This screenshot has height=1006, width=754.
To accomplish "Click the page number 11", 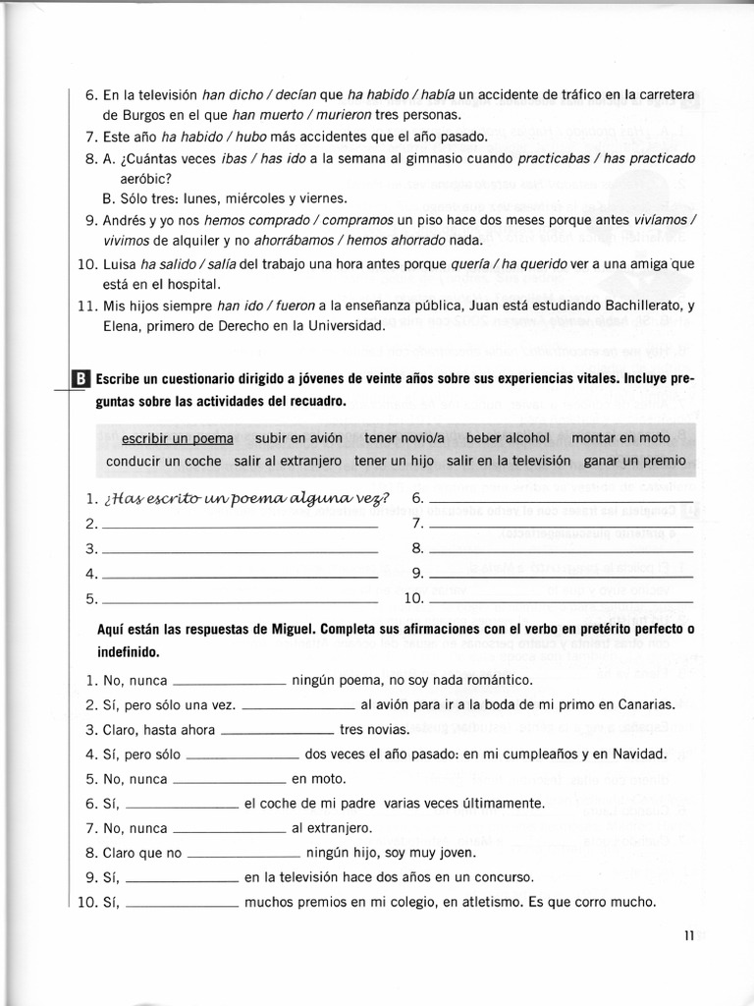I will [x=689, y=935].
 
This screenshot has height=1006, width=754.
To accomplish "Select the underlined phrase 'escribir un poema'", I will [x=178, y=438].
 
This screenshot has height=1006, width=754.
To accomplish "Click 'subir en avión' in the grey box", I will [x=298, y=438].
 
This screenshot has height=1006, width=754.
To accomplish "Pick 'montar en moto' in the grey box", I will [x=620, y=438].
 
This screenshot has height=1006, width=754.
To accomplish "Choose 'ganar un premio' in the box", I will [x=634, y=461].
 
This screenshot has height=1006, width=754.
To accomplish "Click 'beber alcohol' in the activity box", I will [x=508, y=438].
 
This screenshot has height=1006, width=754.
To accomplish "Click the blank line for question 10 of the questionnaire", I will [x=561, y=599].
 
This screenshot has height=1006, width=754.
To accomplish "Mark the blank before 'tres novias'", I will [x=278, y=732].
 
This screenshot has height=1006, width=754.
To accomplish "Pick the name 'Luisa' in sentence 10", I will [x=121, y=263].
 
